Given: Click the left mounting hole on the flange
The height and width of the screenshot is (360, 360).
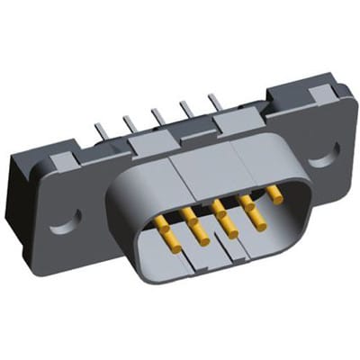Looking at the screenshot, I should pyautogui.click(x=69, y=216).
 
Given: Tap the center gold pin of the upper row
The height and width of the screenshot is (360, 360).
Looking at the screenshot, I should pyautogui.click(x=216, y=207).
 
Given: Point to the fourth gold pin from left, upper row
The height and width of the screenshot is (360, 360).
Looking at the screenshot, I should pyautogui.click(x=244, y=200).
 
